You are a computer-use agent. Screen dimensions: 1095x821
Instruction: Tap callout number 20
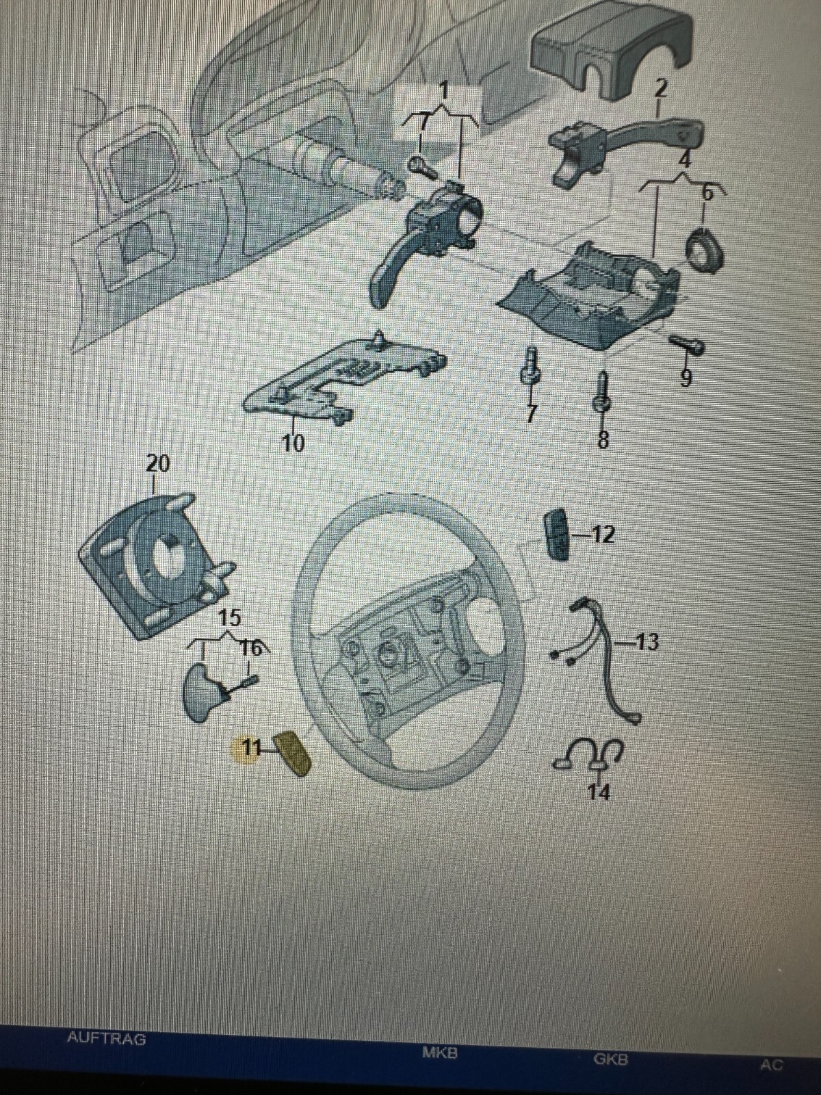(x=157, y=464)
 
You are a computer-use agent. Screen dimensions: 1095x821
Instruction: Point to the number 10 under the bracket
(x=293, y=443)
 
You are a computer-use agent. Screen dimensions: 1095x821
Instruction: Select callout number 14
(x=599, y=792)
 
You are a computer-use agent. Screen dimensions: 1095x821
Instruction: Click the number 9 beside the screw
(x=686, y=376)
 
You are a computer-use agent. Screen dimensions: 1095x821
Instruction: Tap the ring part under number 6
(x=704, y=251)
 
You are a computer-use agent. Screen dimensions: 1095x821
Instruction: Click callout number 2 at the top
(x=660, y=88)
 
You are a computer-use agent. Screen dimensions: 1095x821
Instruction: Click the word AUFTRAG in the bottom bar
(x=107, y=1038)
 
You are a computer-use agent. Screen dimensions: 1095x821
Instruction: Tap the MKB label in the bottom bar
(x=439, y=1053)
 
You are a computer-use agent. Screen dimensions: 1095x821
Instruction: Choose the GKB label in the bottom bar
(x=610, y=1060)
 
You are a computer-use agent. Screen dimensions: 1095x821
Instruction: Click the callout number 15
(x=229, y=617)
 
